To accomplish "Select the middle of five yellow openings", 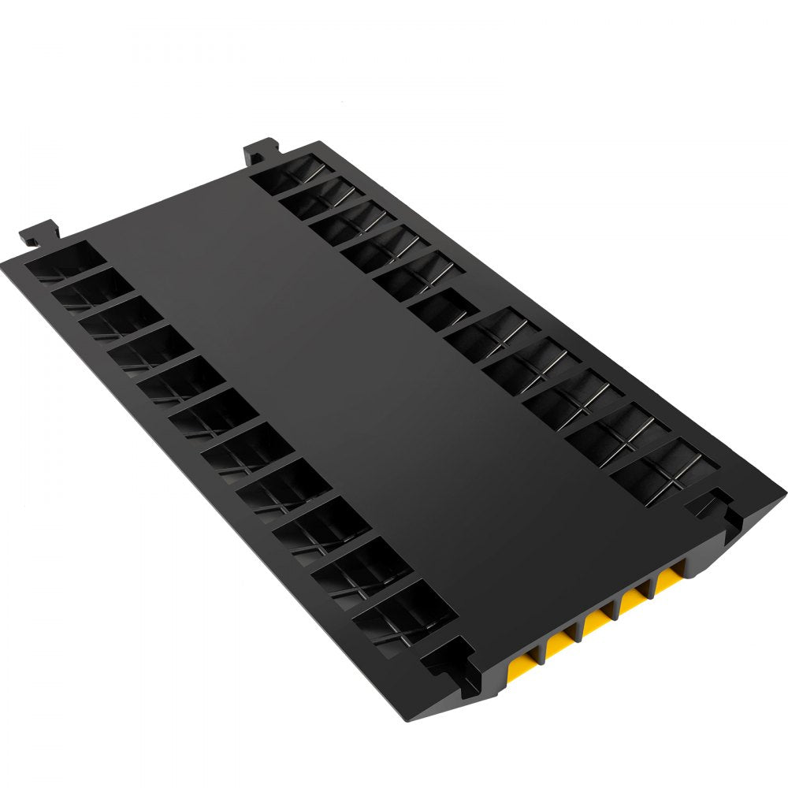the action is [x=597, y=624].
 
